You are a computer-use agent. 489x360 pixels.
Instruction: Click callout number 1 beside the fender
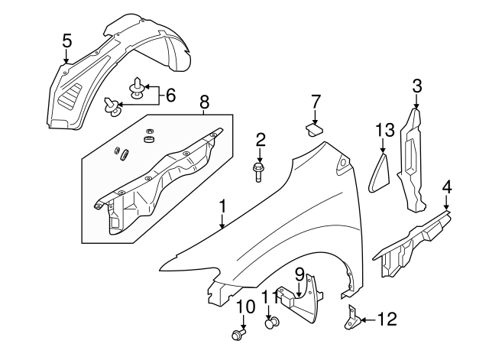click(x=222, y=206)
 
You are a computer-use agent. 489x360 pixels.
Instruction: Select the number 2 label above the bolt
click(x=261, y=139)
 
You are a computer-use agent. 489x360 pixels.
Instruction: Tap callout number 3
click(x=416, y=85)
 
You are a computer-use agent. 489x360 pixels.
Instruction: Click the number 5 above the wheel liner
click(x=66, y=40)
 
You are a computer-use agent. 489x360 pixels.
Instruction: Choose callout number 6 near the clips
click(x=170, y=96)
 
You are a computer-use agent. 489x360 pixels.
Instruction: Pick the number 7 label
click(x=316, y=101)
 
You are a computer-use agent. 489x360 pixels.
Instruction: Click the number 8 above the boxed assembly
click(x=203, y=102)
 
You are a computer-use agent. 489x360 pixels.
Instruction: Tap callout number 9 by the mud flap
click(x=300, y=273)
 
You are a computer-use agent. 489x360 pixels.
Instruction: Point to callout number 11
click(x=270, y=297)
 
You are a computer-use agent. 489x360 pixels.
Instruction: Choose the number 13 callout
click(x=384, y=131)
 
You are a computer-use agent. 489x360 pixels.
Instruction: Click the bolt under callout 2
click(x=258, y=171)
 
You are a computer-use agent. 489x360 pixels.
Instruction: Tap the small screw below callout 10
click(x=239, y=334)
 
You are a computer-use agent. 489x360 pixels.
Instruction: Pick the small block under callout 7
click(x=313, y=127)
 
